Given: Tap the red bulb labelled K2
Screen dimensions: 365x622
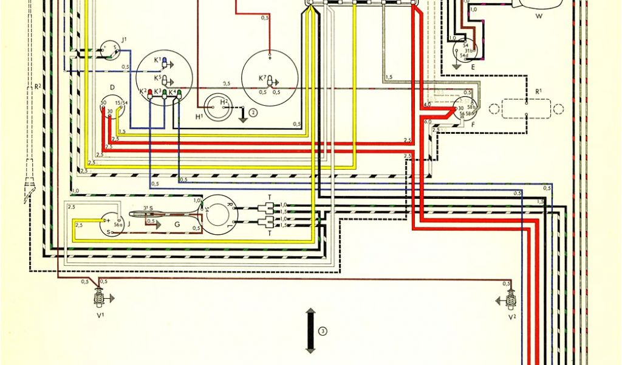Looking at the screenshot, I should (x=150, y=94).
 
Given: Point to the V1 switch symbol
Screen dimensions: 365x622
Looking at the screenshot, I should (x=96, y=297).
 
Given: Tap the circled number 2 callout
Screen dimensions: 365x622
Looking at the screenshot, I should (x=254, y=111).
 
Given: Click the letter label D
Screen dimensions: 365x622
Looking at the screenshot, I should (x=112, y=87).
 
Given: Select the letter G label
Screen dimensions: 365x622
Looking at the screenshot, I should (x=177, y=224).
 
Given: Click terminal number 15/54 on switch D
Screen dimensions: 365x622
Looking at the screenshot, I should (x=120, y=102).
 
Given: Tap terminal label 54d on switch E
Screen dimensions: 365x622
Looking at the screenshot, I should (x=464, y=55).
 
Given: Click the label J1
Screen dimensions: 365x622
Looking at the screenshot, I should (x=124, y=40).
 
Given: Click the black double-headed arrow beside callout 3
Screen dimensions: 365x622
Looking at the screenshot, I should (x=310, y=331).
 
